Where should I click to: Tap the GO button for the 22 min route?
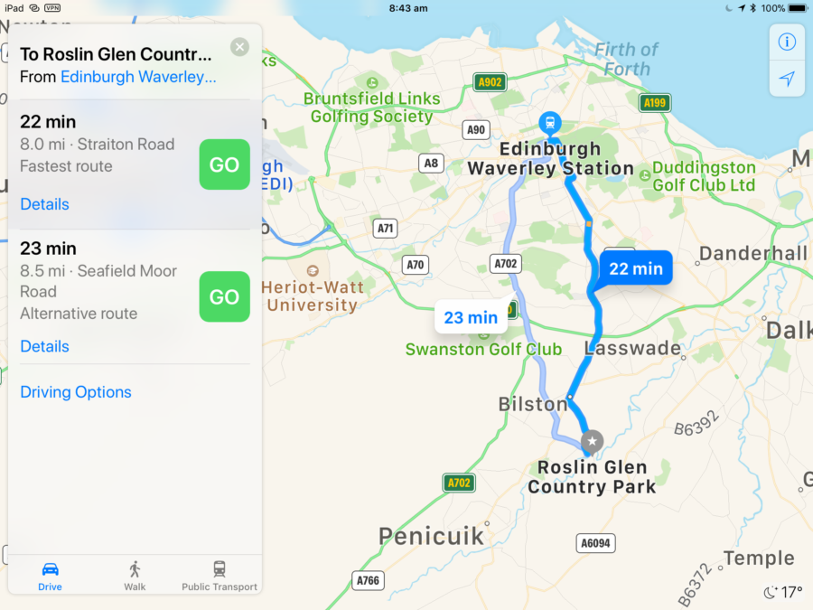point(224,165)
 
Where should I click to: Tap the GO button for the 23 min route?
point(224,297)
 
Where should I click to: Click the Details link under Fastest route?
point(44,204)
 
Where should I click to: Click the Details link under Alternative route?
point(44,346)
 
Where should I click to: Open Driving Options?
point(76,392)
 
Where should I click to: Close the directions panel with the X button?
point(239,47)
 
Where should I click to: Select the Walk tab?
point(135,575)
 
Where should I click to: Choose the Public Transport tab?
point(220,575)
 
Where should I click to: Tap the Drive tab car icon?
point(51,569)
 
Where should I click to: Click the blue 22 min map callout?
point(636,268)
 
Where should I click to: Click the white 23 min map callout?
point(471,317)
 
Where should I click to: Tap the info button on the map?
point(787,42)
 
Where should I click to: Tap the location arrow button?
point(787,79)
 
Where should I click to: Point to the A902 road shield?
point(490,82)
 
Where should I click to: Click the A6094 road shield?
point(594,542)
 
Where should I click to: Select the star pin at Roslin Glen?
point(592,441)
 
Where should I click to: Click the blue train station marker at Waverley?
point(548,122)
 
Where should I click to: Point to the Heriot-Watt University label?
point(313,296)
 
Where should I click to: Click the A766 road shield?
point(368,580)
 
